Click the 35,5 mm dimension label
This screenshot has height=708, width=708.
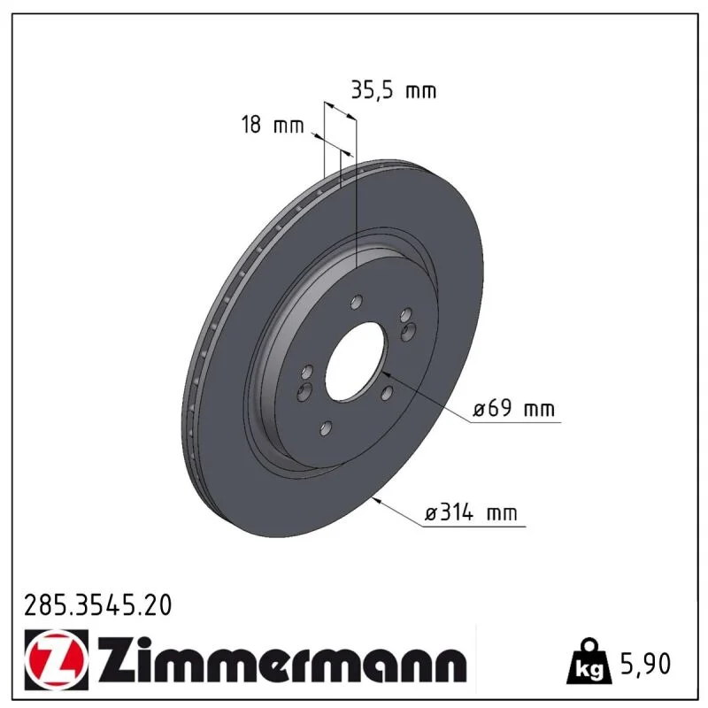tap(394, 91)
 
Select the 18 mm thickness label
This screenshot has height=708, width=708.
tap(273, 125)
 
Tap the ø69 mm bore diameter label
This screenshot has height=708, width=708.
tap(513, 408)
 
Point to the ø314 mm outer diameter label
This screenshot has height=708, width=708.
tap(471, 512)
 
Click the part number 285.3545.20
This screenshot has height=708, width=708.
tap(98, 605)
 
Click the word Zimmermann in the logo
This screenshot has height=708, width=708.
tap(282, 659)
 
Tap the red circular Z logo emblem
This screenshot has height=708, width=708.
tap(54, 660)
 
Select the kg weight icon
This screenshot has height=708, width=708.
tap(589, 661)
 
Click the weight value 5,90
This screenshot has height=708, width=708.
tap(646, 664)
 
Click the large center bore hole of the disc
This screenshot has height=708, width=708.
tap(357, 361)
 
